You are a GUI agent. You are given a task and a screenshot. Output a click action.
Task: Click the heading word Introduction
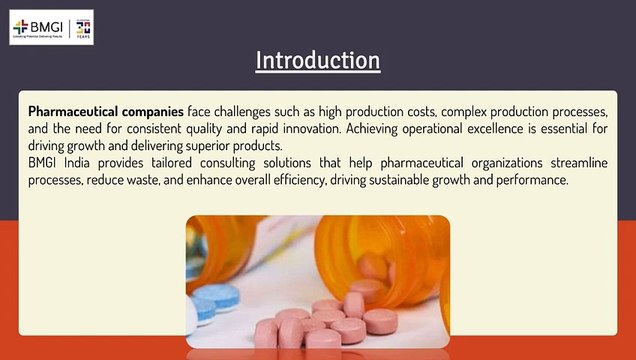click(318, 60)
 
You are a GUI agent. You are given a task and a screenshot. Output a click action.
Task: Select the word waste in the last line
click(160, 179)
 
